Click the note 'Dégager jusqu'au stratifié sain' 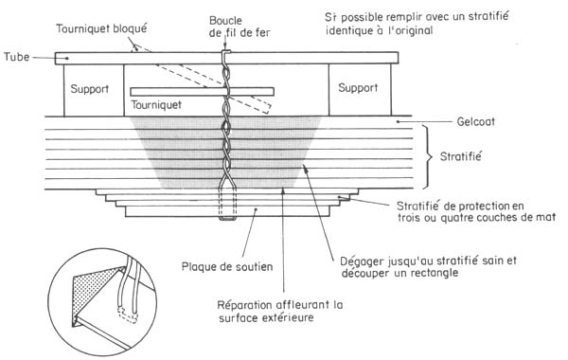pyautogui.click(x=411, y=266)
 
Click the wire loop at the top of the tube pyautogui.click(x=226, y=58)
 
